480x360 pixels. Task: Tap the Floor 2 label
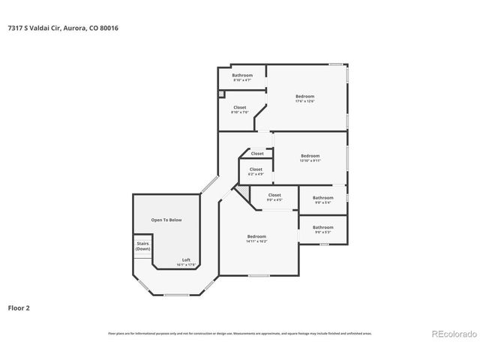[19, 307]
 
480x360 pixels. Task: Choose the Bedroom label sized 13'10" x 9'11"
[310, 158]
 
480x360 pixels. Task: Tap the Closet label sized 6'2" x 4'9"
[256, 171]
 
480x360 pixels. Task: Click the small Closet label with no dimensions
[257, 154]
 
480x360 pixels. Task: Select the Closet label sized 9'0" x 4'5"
[274, 196]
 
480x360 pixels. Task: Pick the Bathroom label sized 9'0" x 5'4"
[323, 199]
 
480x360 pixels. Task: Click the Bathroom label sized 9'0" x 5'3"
[323, 229]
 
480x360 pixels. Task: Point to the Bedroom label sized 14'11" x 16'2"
[256, 238]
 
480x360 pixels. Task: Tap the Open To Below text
[166, 220]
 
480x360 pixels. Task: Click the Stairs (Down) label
[142, 246]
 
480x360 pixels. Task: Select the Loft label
[186, 262]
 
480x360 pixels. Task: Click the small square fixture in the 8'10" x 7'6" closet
[222, 94]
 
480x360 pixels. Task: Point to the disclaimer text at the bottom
[240, 333]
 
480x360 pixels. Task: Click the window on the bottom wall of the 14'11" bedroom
[259, 276]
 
